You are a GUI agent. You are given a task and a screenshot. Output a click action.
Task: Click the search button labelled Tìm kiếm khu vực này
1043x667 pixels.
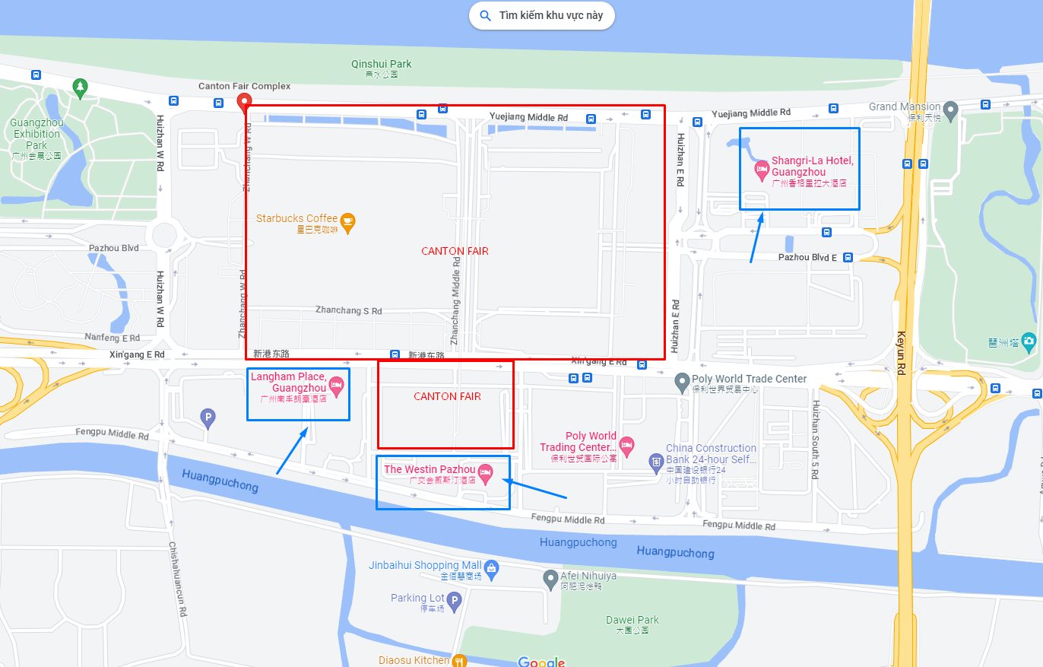click(541, 15)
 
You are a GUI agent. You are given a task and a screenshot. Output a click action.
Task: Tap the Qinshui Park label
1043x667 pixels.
click(381, 64)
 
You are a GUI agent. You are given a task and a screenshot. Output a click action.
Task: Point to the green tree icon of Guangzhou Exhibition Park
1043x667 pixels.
click(80, 87)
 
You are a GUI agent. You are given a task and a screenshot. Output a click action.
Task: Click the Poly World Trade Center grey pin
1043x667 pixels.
click(682, 380)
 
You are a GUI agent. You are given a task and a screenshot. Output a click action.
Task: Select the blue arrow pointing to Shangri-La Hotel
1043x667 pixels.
click(756, 237)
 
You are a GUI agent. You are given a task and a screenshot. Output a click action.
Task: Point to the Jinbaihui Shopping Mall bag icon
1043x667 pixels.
click(492, 567)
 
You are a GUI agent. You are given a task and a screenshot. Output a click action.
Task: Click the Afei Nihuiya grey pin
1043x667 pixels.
click(551, 580)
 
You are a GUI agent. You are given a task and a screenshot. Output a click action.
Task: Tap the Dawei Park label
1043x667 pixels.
click(632, 620)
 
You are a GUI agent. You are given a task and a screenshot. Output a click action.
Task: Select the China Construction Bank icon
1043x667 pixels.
click(655, 460)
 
